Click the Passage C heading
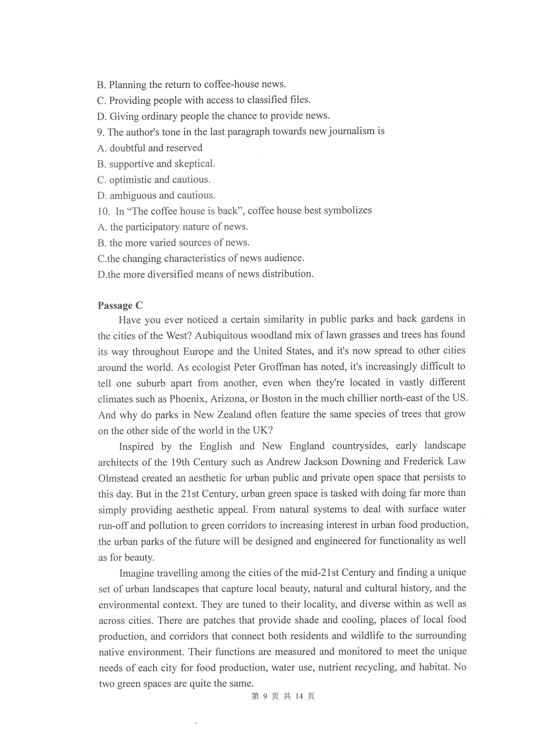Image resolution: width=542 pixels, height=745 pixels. click(120, 306)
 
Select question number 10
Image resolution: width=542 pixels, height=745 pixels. click(103, 211)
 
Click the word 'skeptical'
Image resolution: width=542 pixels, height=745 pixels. click(194, 163)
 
